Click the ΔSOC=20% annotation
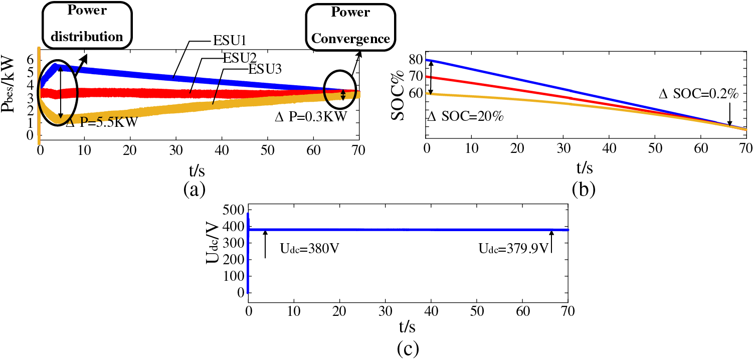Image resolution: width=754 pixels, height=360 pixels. coord(465,117)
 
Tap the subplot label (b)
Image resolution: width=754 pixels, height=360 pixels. coord(584,189)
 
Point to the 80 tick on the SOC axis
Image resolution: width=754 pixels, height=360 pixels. coord(417,60)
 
